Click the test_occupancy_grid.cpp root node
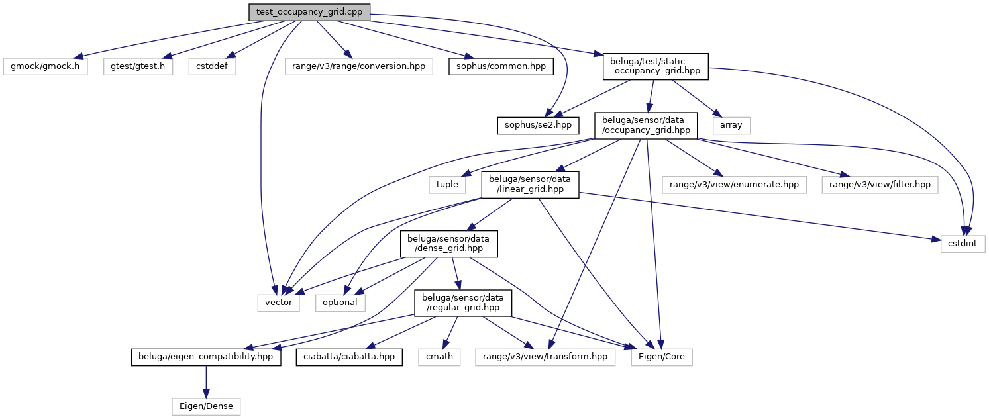309,11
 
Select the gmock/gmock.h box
45,66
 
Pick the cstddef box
212,66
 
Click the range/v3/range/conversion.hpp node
359,66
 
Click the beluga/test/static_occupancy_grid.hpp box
654,66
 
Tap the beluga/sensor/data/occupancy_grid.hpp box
646,124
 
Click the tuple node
447,184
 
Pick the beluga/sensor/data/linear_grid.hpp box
531,185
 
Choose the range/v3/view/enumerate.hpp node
735,184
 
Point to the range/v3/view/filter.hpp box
880,184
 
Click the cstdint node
963,243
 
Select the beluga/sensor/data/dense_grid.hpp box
448,244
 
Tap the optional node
340,302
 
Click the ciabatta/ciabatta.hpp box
348,357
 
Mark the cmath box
439,357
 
